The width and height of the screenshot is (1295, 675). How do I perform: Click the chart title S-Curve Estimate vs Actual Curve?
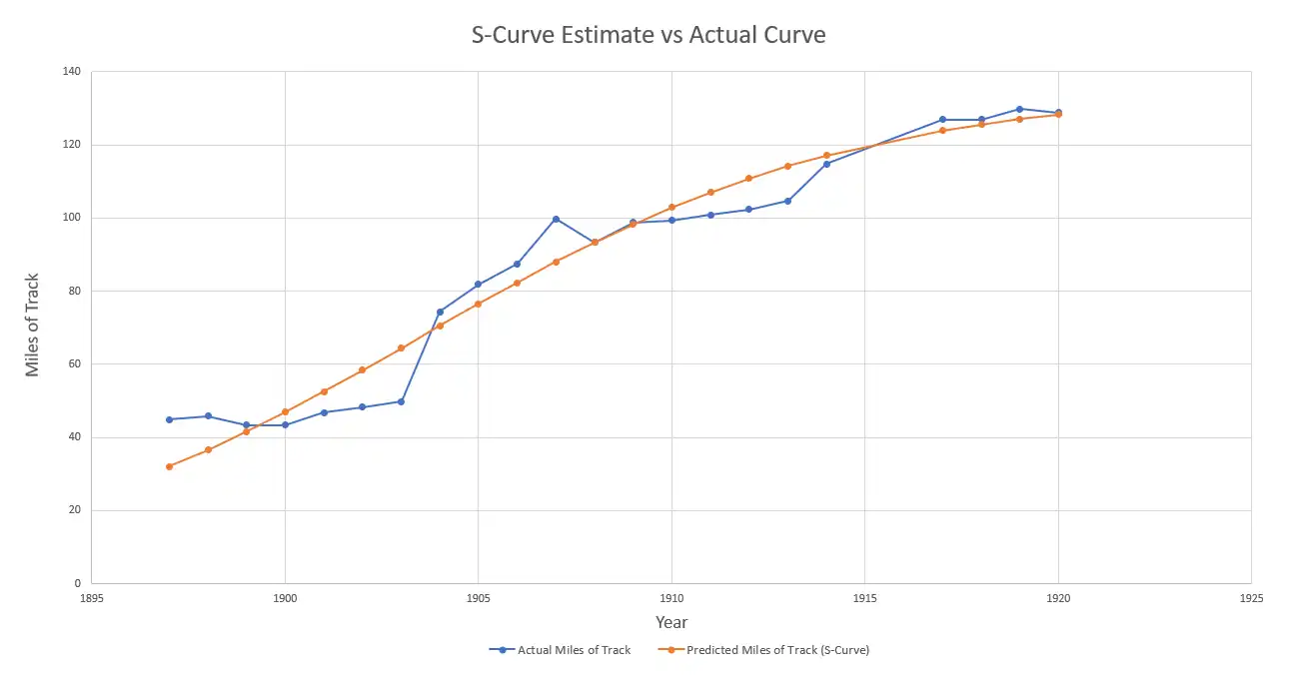pyautogui.click(x=648, y=35)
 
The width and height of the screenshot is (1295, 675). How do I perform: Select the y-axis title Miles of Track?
pyautogui.click(x=33, y=325)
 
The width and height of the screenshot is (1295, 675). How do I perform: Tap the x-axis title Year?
pyautogui.click(x=671, y=623)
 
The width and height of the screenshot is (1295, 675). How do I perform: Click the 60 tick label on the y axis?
pyautogui.click(x=73, y=364)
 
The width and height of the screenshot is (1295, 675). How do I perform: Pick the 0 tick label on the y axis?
pyautogui.click(x=77, y=583)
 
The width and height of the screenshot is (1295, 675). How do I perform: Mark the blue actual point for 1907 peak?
pyautogui.click(x=556, y=219)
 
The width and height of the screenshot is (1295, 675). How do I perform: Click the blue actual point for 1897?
pyautogui.click(x=169, y=419)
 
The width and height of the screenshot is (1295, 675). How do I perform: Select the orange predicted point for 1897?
pyautogui.click(x=169, y=466)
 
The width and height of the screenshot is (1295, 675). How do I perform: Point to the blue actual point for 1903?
pyautogui.click(x=401, y=401)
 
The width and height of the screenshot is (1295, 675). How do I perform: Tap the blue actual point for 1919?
pyautogui.click(x=1019, y=109)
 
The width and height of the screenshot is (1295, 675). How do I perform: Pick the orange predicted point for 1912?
pyautogui.click(x=748, y=179)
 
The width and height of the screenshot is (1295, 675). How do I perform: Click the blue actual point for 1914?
pyautogui.click(x=826, y=164)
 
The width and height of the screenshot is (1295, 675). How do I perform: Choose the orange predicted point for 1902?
pyautogui.click(x=362, y=370)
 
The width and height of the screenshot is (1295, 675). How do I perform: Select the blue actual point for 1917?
pyautogui.click(x=942, y=120)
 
